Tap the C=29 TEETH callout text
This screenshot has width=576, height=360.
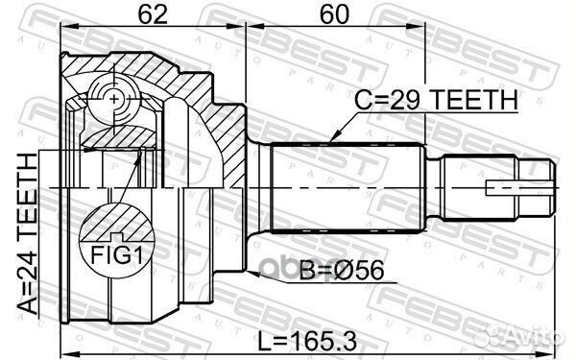(437, 99)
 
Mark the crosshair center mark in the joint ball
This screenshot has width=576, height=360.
(113, 99)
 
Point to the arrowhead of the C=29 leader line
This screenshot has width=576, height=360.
(328, 143)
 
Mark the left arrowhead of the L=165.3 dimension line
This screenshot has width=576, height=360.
(65, 352)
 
